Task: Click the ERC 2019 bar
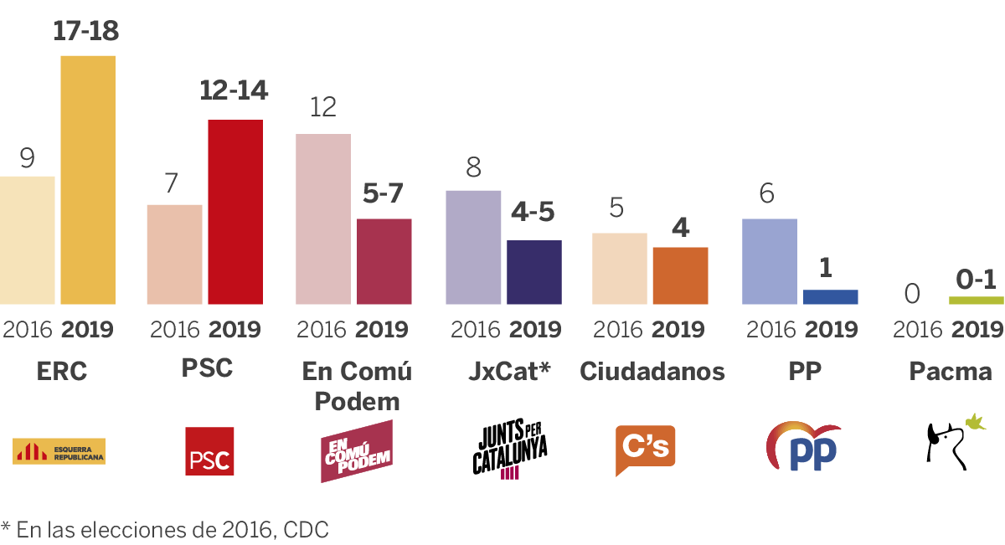[88, 180]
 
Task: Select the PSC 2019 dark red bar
[235, 212]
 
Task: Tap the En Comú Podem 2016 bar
[323, 219]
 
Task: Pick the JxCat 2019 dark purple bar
[534, 272]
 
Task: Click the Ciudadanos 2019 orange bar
[681, 275]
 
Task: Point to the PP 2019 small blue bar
[831, 297]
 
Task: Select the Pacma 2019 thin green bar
[976, 300]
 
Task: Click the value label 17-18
[85, 32]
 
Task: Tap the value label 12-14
[234, 90]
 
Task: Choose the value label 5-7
[384, 194]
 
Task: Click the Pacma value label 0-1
[977, 278]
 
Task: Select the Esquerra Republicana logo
[59, 451]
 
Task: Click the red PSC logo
[209, 451]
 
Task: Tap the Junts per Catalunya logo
[510, 450]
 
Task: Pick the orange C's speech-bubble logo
[645, 449]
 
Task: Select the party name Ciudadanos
[652, 371]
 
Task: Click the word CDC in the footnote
[306, 529]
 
